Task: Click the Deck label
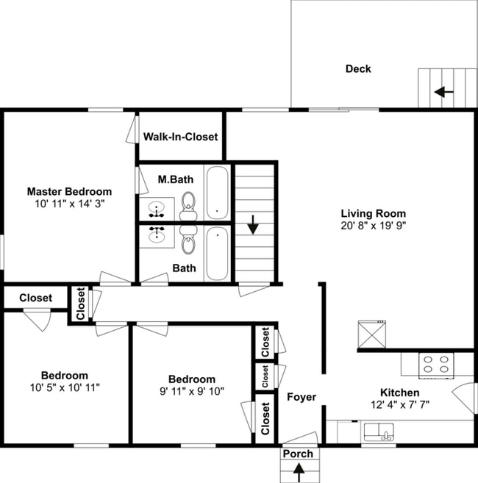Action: coord(358,69)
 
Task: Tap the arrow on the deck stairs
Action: coord(443,92)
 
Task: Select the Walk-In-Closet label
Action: coord(180,137)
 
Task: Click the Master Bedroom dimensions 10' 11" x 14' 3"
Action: coord(69,204)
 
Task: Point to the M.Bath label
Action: coord(176,179)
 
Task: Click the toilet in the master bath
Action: coord(188,203)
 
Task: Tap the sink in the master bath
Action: coord(157,210)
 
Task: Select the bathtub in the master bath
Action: coord(216,193)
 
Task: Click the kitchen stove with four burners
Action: coord(435,364)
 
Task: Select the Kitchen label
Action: coord(399,393)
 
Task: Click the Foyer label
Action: coord(302,397)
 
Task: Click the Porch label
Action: coord(299,454)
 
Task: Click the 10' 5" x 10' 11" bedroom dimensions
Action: coord(64,387)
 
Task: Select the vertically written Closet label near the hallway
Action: coord(80,304)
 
